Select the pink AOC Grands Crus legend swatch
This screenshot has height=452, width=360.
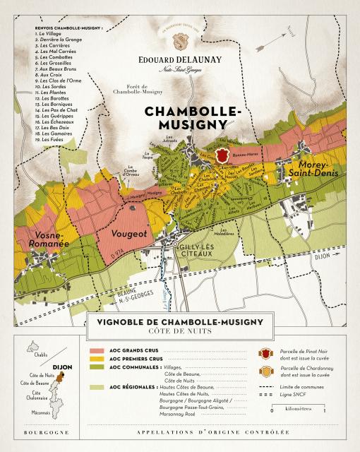point(97,350)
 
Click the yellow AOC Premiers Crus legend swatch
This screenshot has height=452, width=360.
point(97,359)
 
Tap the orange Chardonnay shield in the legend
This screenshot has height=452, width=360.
point(266,372)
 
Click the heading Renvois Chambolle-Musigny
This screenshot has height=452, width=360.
point(68,28)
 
